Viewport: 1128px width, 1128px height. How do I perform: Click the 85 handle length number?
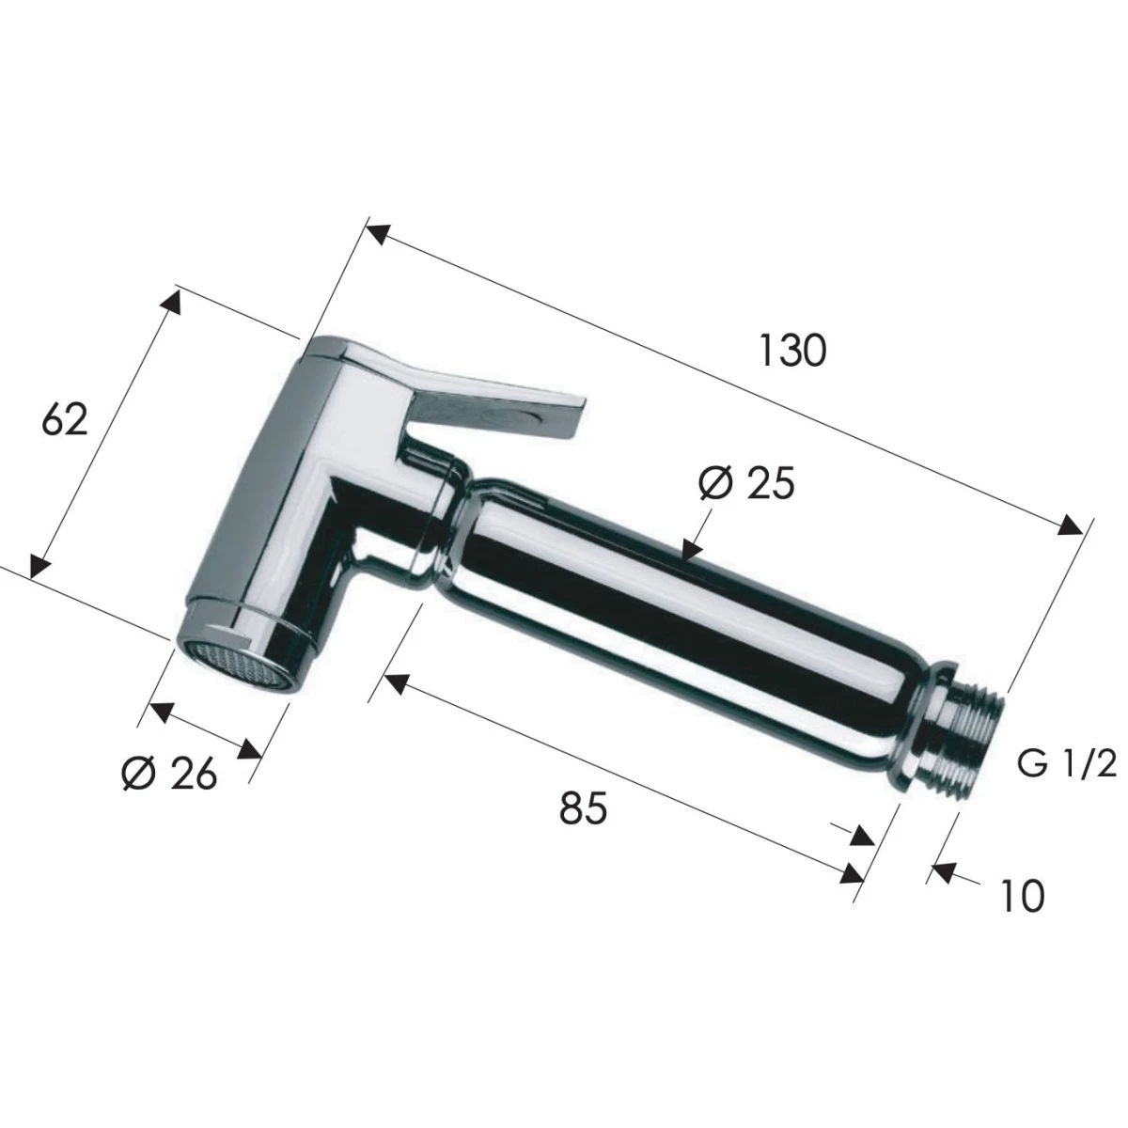click(583, 807)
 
